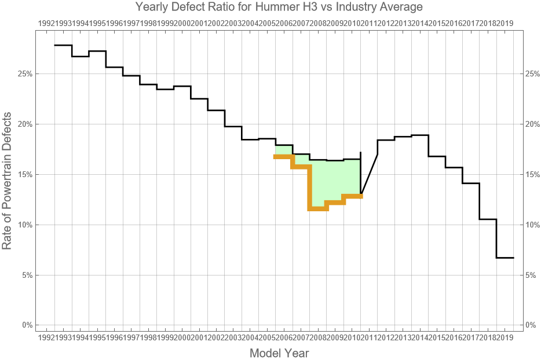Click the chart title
(x=279, y=8)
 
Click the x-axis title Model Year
(x=279, y=352)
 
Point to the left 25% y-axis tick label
(x=24, y=74)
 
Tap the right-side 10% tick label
(x=532, y=225)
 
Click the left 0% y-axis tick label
(x=27, y=325)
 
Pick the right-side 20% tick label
(x=532, y=124)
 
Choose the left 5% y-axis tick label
(x=27, y=275)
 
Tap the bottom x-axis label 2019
(x=505, y=337)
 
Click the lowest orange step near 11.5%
(x=318, y=208)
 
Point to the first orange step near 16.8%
(x=284, y=156)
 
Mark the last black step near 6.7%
(x=505, y=258)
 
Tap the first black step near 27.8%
(x=63, y=45)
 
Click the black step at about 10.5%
(x=488, y=219)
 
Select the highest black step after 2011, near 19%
(x=420, y=135)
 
